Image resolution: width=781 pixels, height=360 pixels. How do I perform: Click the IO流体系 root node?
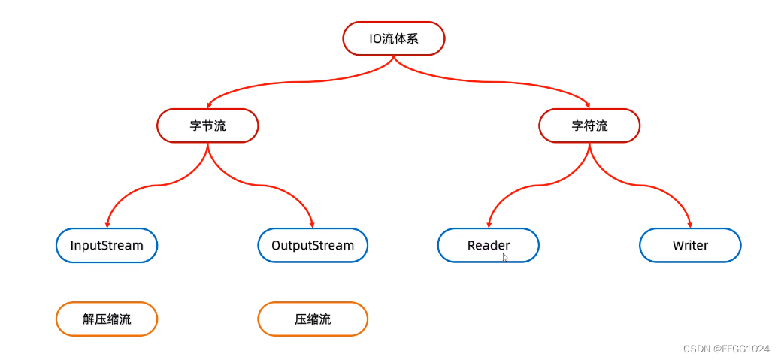tap(394, 38)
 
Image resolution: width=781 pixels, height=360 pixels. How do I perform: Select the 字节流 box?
tap(207, 126)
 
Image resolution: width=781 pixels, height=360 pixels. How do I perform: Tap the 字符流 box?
tap(589, 126)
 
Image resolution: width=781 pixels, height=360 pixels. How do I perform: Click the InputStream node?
tap(107, 245)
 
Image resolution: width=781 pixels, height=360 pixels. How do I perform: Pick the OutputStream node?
tap(313, 245)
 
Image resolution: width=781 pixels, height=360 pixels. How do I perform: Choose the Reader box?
tap(489, 245)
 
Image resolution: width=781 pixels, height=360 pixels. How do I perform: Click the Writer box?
tap(690, 245)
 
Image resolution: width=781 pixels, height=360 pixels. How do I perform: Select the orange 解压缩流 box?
tap(107, 319)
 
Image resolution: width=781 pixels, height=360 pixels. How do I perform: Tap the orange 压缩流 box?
tap(313, 319)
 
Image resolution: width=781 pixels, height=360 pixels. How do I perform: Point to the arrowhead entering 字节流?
tap(208, 106)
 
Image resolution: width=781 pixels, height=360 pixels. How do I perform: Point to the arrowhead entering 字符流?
tap(589, 106)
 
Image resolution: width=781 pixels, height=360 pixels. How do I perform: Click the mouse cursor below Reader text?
tap(505, 258)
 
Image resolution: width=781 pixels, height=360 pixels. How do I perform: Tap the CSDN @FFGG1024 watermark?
tap(726, 349)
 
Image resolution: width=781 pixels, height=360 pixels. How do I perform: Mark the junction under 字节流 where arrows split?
tap(207, 144)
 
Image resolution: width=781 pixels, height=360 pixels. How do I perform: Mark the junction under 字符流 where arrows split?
tap(589, 144)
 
